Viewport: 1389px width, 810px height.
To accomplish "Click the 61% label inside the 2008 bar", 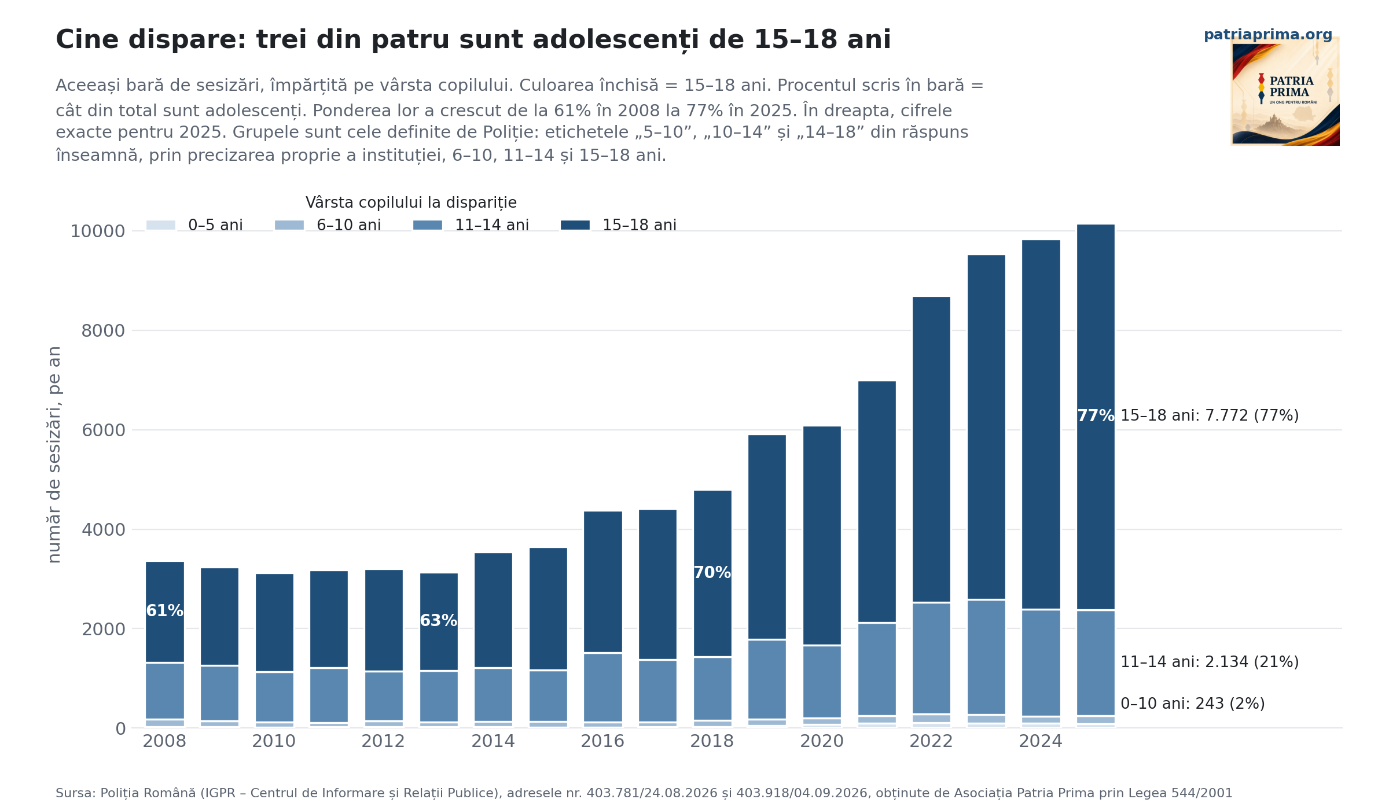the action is click(164, 611).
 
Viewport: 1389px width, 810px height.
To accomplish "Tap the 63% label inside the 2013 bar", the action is click(439, 621).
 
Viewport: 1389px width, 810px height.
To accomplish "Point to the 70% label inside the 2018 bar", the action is click(712, 573).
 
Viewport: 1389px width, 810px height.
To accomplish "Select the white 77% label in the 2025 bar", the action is click(1096, 416).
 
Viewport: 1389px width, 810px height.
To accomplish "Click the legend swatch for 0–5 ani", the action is click(161, 225).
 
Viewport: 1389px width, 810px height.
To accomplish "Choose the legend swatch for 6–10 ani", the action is click(289, 225).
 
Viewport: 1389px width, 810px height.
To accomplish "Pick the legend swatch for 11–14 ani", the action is click(428, 225).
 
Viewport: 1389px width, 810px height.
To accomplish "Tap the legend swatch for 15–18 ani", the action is click(575, 225).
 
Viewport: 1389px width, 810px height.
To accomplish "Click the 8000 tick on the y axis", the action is click(103, 331).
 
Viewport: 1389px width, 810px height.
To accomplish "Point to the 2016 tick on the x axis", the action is click(602, 741).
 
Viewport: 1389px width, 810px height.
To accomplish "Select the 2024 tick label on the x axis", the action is click(1041, 741).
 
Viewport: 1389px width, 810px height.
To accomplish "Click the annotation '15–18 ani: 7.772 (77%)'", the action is click(1210, 415).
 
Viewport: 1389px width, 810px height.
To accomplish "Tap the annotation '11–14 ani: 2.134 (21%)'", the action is click(1210, 662).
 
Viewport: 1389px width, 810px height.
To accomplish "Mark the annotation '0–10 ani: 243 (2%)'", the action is click(1193, 704).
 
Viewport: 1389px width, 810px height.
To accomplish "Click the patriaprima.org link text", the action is click(1268, 35).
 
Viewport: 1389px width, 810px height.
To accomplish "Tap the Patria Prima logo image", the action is click(1285, 91).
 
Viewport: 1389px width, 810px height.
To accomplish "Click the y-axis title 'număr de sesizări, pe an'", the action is click(54, 455).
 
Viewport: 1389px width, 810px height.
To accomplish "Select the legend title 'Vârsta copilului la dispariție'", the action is click(411, 203).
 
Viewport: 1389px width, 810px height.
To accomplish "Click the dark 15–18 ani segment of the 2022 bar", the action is click(931, 450).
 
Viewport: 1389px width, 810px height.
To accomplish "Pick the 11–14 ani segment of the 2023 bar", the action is click(986, 657).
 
